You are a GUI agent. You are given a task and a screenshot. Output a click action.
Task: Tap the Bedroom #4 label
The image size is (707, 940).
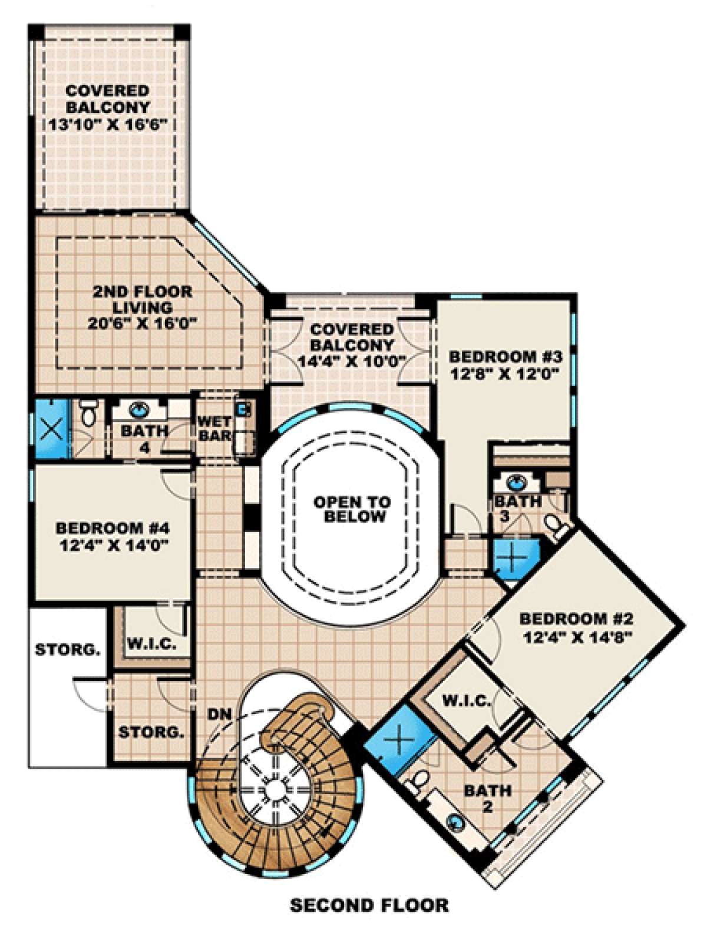point(113,528)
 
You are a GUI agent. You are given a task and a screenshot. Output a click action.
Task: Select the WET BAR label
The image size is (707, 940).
point(215,429)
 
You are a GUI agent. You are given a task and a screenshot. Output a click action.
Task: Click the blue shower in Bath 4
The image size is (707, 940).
point(51,429)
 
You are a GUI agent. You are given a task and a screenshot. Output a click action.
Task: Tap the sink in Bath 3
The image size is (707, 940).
point(514,483)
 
